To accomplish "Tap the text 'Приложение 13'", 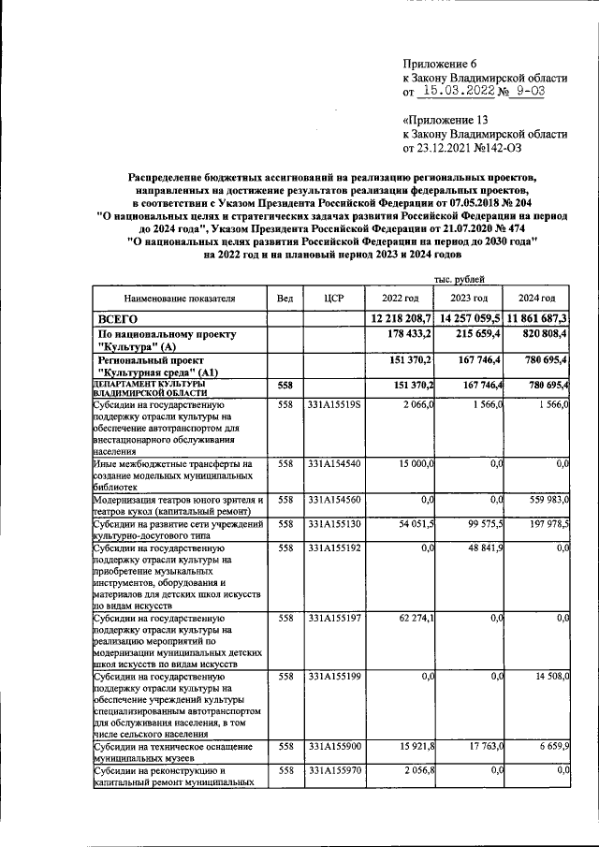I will [446, 120].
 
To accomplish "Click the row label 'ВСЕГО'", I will [119, 319].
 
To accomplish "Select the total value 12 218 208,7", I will [401, 319].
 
